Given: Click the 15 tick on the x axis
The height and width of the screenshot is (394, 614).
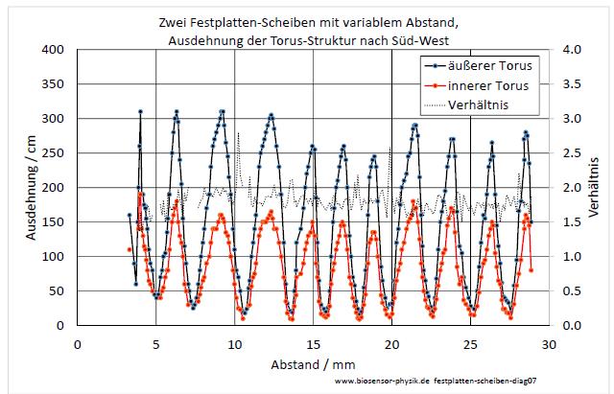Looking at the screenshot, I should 313,343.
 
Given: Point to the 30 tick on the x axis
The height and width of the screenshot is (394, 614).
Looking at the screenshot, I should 549,343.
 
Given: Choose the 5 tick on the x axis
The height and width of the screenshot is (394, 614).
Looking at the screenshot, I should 156,343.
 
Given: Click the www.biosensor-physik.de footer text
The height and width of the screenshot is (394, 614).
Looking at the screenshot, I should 382,382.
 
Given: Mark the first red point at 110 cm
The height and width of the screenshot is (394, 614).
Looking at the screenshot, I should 130,249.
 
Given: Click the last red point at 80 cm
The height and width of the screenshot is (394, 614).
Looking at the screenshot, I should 531,270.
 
